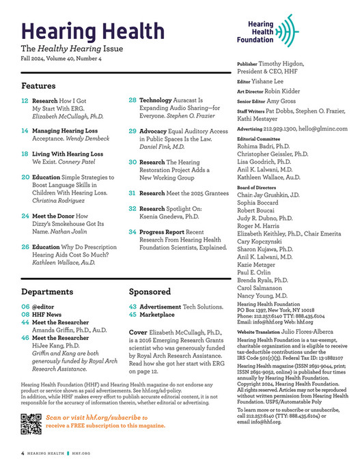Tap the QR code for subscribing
click(x=31, y=424)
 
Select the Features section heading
click(x=38, y=87)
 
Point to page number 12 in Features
click(x=25, y=100)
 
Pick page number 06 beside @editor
click(x=25, y=287)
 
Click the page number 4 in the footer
click(x=23, y=452)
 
